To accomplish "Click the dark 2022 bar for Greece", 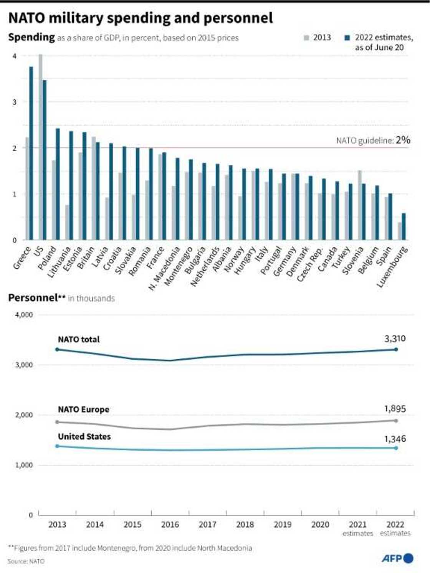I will point(31,154).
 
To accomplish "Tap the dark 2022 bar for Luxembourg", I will point(404,227).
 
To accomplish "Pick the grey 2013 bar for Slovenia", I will point(359,205).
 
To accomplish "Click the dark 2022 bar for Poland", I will point(58,184).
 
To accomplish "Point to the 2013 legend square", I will point(306,38).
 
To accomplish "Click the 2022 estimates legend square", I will point(347,38).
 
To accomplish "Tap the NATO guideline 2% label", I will point(373,140).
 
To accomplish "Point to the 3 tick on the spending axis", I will point(15,102).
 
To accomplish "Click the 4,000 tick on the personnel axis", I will point(24,315).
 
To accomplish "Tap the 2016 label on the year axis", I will point(170,525).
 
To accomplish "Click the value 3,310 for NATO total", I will point(395,339).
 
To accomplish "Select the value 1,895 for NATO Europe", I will point(395,409).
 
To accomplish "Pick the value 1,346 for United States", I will point(395,439).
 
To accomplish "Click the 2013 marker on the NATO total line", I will point(57,349).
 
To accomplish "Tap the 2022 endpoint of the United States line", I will point(396,448).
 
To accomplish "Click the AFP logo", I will point(397,558).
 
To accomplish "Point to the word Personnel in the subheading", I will point(33,298).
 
